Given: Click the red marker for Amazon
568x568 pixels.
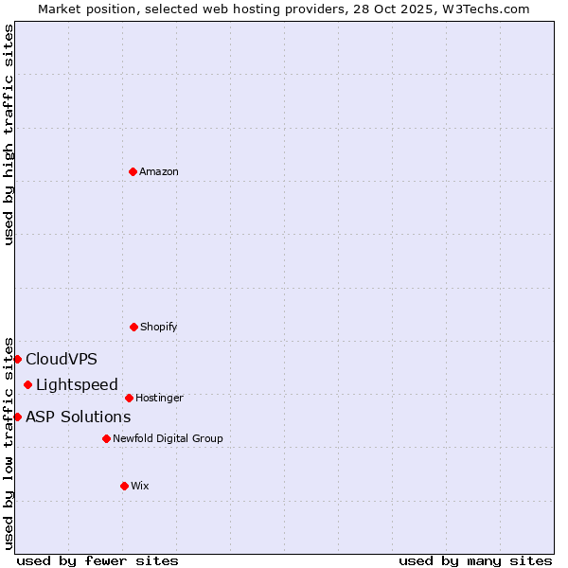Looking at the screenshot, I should click(x=133, y=171).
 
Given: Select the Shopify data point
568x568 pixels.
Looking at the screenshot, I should click(x=133, y=327).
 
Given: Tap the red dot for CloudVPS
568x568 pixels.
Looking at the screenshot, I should click(x=17, y=359).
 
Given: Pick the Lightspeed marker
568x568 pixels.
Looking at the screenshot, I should click(x=28, y=384).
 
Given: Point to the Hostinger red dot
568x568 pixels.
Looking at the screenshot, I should click(x=129, y=398).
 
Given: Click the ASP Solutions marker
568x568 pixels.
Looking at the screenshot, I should click(x=17, y=417).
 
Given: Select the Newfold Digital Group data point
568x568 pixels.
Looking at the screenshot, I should click(x=106, y=438).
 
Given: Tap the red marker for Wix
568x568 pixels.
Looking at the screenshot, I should click(x=124, y=486).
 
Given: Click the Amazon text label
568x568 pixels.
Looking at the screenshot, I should click(x=159, y=171).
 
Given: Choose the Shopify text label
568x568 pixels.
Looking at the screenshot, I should click(x=159, y=327).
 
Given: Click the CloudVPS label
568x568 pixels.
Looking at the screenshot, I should click(x=62, y=359).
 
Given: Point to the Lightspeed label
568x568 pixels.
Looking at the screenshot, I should click(x=77, y=384).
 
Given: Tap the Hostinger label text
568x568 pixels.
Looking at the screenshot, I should click(x=159, y=398).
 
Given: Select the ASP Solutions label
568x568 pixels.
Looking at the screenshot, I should click(x=79, y=417).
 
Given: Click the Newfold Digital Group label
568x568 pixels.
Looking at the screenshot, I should click(x=169, y=438).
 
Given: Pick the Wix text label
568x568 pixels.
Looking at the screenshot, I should click(x=140, y=486).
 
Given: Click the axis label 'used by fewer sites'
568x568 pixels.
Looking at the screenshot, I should click(x=98, y=560).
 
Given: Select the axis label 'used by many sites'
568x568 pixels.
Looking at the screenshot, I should click(x=475, y=560).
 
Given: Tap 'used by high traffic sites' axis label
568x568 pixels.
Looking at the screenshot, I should click(x=9, y=134).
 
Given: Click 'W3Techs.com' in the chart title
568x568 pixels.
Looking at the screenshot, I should click(x=486, y=9).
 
